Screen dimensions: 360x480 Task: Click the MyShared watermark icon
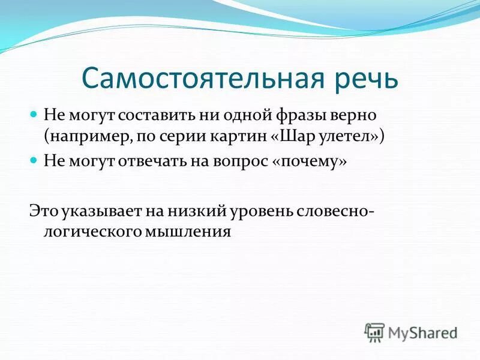click(x=374, y=331)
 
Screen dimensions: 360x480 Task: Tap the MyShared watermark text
click(x=423, y=332)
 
